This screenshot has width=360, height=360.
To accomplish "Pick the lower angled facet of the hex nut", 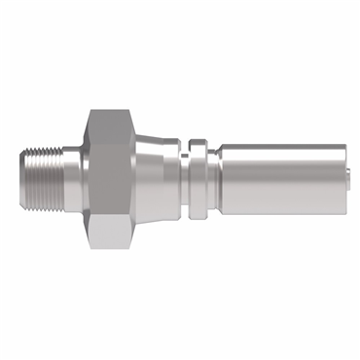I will [x=103, y=226].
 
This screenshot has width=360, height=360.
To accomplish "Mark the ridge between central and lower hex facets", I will [x=103, y=205].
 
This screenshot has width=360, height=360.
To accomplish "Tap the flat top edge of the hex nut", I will [x=104, y=108].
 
